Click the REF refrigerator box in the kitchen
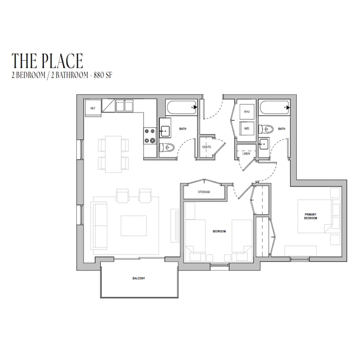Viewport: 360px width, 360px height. [93, 108]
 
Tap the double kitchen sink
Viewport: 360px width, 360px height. [124, 106]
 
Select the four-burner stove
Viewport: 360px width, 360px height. [150, 136]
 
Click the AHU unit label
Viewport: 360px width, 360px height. [247, 112]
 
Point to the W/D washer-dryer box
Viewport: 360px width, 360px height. [247, 128]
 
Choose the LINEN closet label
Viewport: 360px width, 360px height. [247, 154]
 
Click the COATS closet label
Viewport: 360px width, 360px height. [207, 147]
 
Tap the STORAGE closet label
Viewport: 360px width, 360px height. [204, 192]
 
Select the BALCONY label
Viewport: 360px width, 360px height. [139, 278]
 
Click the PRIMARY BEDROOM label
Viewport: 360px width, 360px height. [310, 216]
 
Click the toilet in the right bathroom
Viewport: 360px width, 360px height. [266, 129]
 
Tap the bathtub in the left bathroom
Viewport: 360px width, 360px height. [181, 107]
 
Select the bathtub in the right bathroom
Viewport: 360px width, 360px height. [274, 107]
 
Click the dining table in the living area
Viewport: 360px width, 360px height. [113, 154]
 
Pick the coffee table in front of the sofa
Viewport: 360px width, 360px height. [134, 225]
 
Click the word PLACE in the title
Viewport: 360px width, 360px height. [62, 61]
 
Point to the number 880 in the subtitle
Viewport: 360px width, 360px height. [98, 75]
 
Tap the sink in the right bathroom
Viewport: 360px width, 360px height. [264, 144]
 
